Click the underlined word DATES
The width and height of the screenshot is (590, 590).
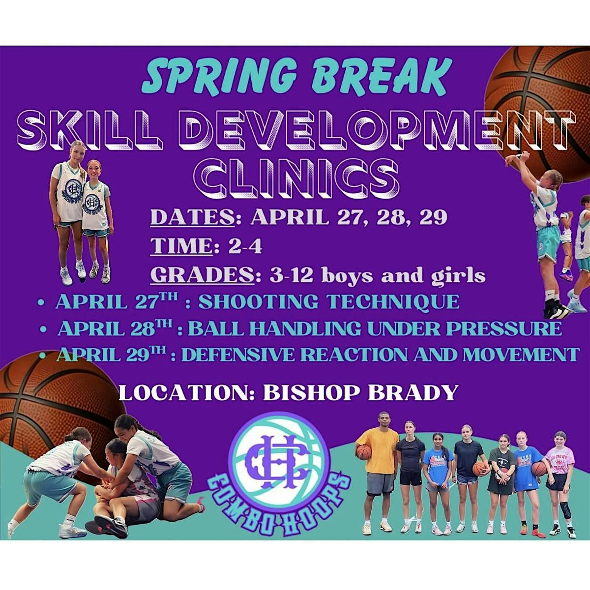(193, 217)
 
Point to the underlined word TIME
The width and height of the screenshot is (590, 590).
(181, 246)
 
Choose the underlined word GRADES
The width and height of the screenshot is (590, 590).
(203, 275)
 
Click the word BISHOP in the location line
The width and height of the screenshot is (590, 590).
(310, 392)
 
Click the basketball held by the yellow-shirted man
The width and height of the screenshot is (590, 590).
(363, 453)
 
